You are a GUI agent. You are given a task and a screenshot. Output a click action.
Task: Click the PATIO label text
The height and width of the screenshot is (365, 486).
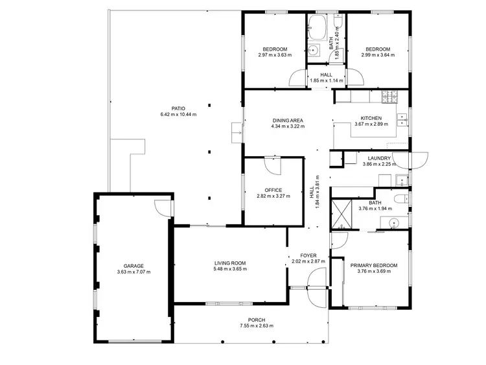click(178, 108)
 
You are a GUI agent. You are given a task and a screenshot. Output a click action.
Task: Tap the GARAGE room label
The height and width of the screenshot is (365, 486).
click(133, 266)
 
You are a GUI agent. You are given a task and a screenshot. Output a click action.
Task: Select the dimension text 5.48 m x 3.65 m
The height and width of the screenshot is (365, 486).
click(230, 269)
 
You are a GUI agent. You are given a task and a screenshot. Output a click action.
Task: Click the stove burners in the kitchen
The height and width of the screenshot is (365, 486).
click(390, 97)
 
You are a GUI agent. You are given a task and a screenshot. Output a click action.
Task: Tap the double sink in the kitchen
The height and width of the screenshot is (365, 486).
click(402, 121)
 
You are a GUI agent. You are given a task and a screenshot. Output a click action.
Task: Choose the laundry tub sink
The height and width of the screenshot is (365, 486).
click(401, 181)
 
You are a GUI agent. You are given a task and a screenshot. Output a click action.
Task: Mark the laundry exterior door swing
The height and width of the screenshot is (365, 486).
click(418, 159)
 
